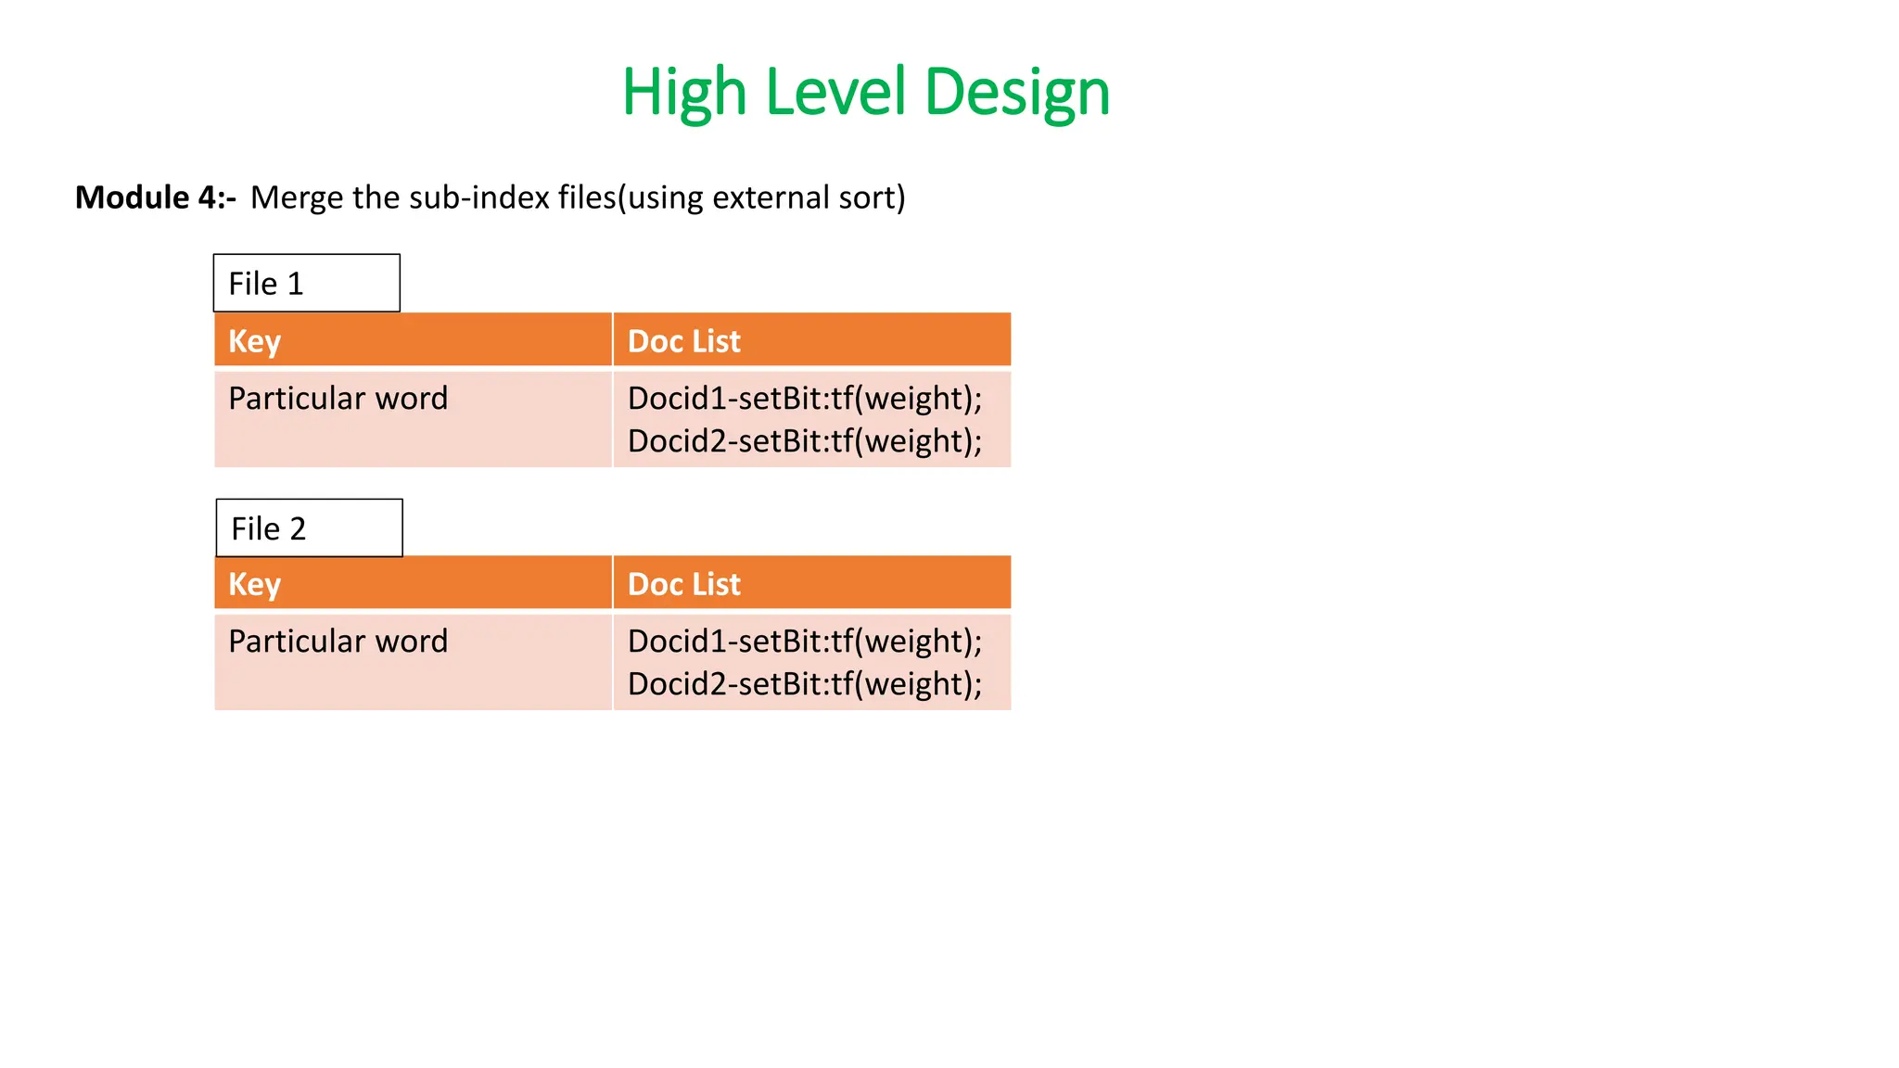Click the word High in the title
pyautogui.click(x=684, y=93)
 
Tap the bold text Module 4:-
pyautogui.click(x=155, y=197)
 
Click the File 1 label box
pyautogui.click(x=306, y=283)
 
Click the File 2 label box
pyautogui.click(x=309, y=528)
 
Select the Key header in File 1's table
pyautogui.click(x=254, y=341)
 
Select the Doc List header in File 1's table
pyautogui.click(x=683, y=341)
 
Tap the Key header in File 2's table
pyautogui.click(x=254, y=584)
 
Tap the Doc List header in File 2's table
pyautogui.click(x=683, y=584)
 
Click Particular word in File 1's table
pyautogui.click(x=338, y=399)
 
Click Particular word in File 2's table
pyautogui.click(x=338, y=642)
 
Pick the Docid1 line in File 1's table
pyautogui.click(x=804, y=399)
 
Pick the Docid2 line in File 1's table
pyautogui.click(x=804, y=441)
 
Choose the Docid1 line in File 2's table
pyautogui.click(x=804, y=642)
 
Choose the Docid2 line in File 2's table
pyautogui.click(x=804, y=684)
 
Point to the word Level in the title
pyautogui.click(x=835, y=93)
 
